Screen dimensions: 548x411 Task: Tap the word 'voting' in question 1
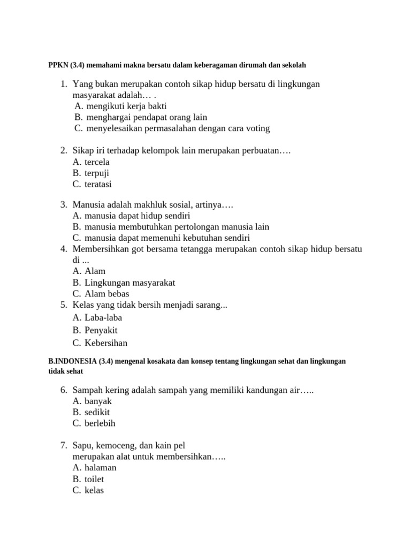pos(256,128)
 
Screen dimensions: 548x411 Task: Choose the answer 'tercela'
pos(97,162)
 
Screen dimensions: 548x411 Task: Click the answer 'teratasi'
pos(98,185)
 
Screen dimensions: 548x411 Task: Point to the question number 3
pos(63,204)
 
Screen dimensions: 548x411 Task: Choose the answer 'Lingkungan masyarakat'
pos(130,283)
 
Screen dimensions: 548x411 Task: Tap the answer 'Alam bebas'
pos(106,294)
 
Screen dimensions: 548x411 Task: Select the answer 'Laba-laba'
pos(103,317)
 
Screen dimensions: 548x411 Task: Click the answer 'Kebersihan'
pos(106,343)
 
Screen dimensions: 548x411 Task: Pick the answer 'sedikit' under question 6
pos(97,412)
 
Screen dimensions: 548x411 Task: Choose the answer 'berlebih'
pos(100,423)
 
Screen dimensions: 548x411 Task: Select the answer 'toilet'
pos(94,479)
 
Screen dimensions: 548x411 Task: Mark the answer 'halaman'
pos(100,468)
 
